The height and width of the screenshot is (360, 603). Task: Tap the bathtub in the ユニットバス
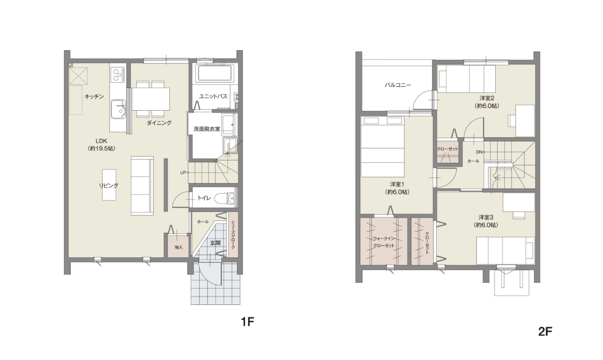215,73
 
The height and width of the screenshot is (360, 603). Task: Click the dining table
150,99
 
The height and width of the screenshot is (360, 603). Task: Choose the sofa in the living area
142,186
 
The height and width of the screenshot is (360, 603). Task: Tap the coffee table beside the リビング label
109,185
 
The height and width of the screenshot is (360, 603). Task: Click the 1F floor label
247,322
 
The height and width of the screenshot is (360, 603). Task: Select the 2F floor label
545,332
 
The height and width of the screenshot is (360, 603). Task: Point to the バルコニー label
398,85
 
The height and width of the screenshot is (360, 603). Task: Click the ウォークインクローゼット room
384,241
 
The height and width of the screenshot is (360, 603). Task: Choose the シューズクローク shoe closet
233,235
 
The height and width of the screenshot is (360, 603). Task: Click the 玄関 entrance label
215,243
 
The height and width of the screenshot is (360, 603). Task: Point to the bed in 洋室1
382,147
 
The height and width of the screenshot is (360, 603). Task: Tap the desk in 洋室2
525,120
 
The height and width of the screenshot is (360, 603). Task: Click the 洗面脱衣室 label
207,129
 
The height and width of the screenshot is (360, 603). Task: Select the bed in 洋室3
505,251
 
